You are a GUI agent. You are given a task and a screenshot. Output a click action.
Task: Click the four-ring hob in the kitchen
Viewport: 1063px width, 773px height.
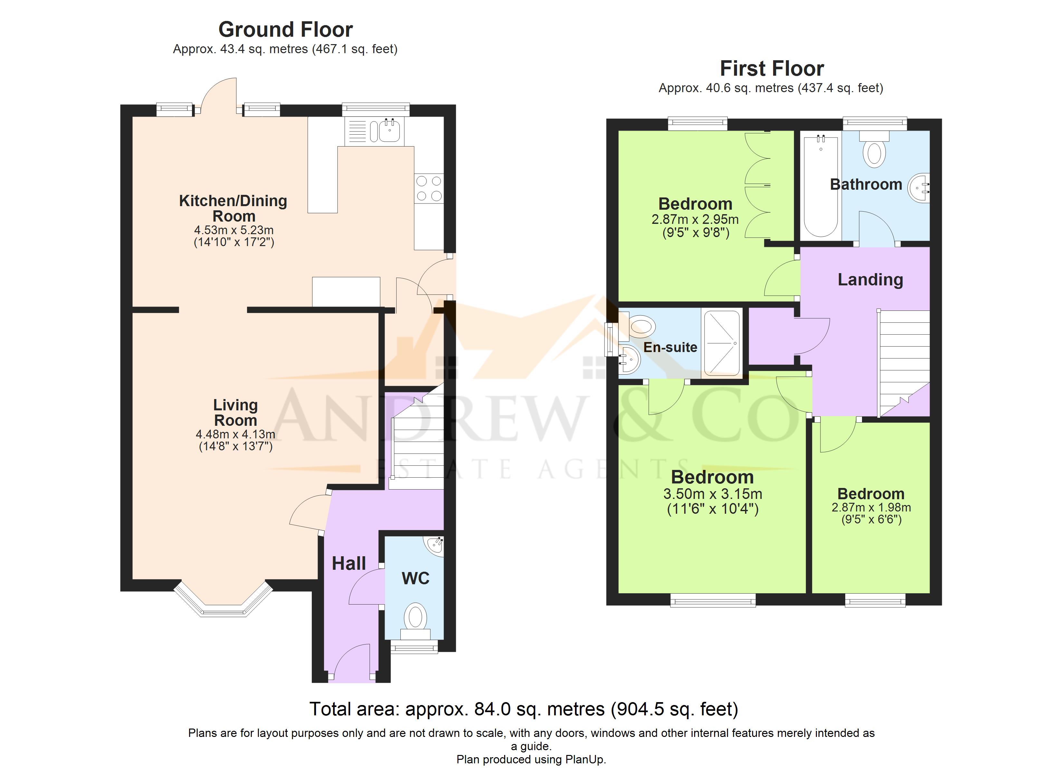429,188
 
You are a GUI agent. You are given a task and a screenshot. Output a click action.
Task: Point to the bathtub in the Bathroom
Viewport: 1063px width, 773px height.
821,186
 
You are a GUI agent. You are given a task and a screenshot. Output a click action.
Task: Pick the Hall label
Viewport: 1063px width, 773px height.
349,563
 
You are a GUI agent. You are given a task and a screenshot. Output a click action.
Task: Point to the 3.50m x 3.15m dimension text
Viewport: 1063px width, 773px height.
713,494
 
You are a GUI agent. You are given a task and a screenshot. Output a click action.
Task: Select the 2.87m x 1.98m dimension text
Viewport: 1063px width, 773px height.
871,507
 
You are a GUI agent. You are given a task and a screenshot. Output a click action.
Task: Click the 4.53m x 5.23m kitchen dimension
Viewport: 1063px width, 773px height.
234,230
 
